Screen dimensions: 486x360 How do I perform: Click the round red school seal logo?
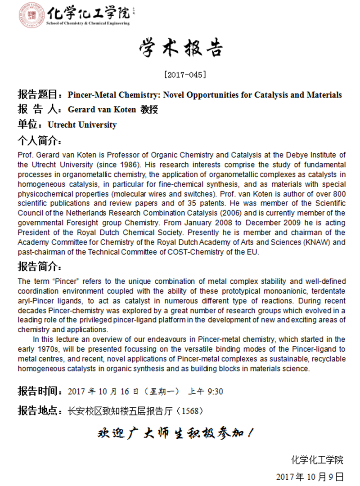click(x=31, y=15)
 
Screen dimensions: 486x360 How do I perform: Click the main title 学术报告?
click(x=180, y=49)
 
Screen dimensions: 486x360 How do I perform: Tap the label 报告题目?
click(x=39, y=95)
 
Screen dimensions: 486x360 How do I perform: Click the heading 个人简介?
click(x=39, y=140)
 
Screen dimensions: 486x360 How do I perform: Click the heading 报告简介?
click(x=39, y=267)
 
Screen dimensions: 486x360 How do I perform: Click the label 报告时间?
click(x=39, y=391)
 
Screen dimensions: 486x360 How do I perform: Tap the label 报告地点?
click(x=39, y=410)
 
